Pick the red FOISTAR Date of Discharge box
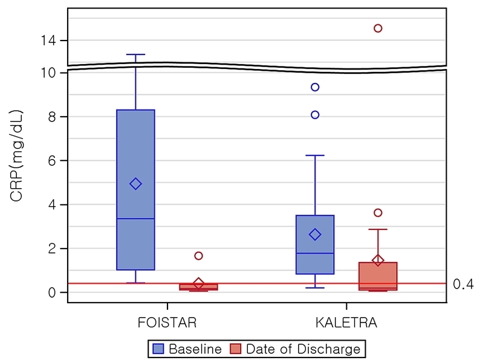point(198,287)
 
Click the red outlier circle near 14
point(378,28)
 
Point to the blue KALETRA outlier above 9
point(315,87)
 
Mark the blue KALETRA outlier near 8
point(315,115)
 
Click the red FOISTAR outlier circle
point(198,256)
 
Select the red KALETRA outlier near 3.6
point(378,212)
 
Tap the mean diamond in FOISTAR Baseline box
point(135,184)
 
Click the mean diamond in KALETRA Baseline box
point(315,234)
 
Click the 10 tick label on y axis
point(48,73)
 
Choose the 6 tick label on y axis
point(53,161)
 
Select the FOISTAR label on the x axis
point(167,322)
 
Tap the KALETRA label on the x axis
point(346,322)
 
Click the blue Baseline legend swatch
point(159,349)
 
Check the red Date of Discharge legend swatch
point(236,349)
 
